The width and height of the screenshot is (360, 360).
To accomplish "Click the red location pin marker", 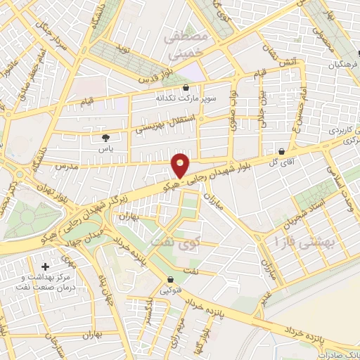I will (x=181, y=165).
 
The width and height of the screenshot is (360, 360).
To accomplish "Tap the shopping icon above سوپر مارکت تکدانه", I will (x=185, y=88).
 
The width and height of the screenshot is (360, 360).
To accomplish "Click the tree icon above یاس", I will (x=106, y=138).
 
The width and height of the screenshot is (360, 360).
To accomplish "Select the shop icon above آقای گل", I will (x=282, y=150).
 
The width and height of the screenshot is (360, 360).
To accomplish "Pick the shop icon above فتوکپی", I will (x=170, y=279).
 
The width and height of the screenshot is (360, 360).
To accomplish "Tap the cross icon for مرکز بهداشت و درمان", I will (x=46, y=267).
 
